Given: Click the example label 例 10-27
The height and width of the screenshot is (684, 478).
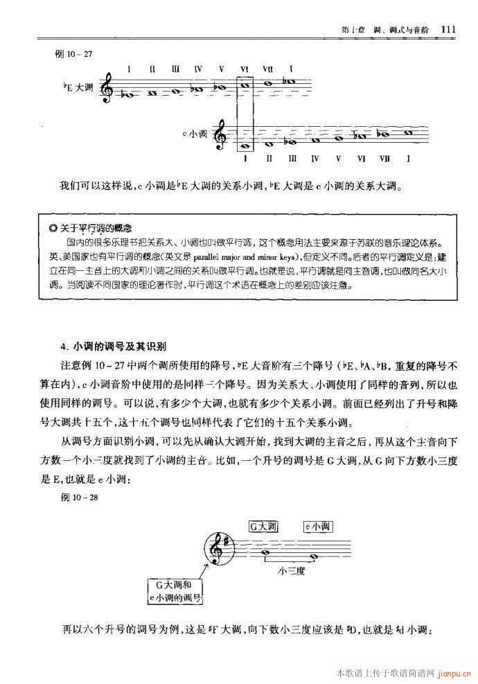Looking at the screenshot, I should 73,54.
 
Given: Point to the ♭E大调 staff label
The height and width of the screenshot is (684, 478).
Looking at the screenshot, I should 78,88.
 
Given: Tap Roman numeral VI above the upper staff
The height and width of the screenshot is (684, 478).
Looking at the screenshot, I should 245,69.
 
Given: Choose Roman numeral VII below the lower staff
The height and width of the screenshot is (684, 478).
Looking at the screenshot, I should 384,159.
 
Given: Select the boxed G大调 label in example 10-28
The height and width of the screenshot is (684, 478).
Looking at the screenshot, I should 263,527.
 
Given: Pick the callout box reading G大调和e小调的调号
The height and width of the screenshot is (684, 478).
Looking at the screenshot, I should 175,591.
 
